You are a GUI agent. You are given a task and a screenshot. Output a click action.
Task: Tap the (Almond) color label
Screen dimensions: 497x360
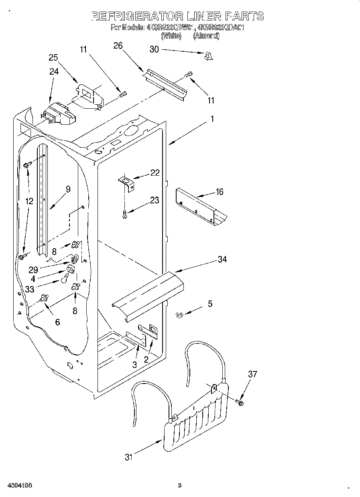(206, 36)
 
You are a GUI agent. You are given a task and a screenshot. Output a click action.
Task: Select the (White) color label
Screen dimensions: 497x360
(171, 36)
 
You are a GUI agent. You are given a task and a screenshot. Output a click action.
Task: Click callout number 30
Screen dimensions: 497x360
(154, 49)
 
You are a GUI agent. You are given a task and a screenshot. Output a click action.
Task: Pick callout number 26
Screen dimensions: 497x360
(118, 46)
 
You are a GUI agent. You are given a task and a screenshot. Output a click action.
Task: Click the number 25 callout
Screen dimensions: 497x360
(53, 57)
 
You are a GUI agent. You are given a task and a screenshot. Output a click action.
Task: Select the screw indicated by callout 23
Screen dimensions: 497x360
(125, 214)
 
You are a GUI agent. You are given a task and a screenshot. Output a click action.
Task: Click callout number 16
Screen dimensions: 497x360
(219, 192)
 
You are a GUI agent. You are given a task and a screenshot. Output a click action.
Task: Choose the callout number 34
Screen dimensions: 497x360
(222, 260)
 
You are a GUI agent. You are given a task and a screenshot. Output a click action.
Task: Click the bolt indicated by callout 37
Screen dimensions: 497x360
(240, 402)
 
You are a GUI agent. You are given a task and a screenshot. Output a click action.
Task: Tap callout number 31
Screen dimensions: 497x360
(128, 457)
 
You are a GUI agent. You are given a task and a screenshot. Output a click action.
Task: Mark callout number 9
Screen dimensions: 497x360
(68, 189)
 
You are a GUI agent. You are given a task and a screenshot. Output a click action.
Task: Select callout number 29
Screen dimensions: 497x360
(33, 270)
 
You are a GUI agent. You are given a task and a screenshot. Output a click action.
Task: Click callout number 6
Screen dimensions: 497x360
(57, 322)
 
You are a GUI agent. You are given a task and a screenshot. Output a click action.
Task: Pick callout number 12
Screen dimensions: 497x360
(29, 201)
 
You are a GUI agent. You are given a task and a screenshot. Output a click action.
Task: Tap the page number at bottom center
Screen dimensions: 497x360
(180, 485)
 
